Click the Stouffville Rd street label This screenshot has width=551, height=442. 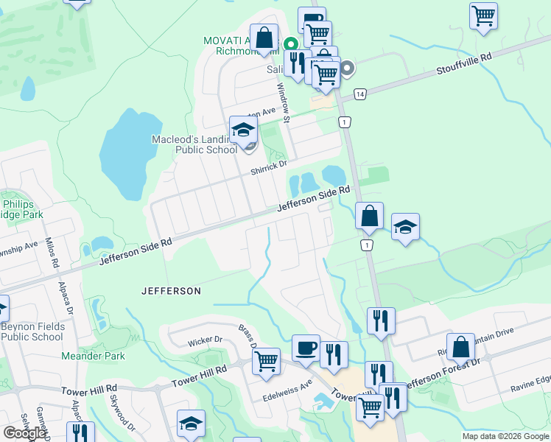(464, 60)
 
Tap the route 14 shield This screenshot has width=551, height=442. (359, 94)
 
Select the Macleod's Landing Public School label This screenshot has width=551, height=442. (194, 144)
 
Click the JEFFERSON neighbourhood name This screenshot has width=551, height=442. (171, 291)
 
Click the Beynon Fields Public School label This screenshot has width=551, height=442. (32, 331)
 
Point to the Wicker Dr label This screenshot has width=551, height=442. (205, 341)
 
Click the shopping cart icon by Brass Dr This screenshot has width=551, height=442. (265, 361)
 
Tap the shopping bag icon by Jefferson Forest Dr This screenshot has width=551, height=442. (460, 347)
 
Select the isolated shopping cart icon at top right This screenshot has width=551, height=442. (483, 15)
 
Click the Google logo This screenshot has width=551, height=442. (24, 433)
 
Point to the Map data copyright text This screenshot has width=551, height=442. (505, 436)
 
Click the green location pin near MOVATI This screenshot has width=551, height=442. (291, 45)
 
